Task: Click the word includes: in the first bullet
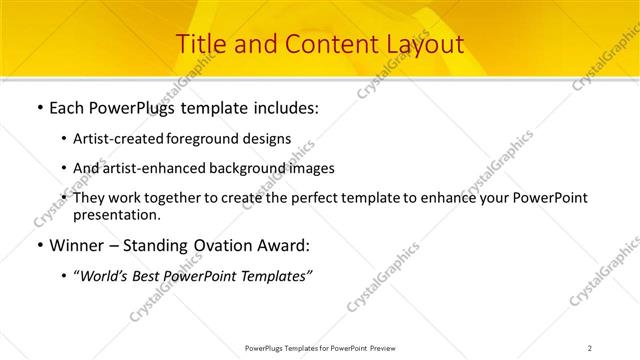[x=283, y=107]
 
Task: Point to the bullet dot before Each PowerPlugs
[x=39, y=108]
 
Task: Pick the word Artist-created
[x=117, y=139]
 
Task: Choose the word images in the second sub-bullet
[x=311, y=168]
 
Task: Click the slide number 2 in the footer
[x=589, y=348]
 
